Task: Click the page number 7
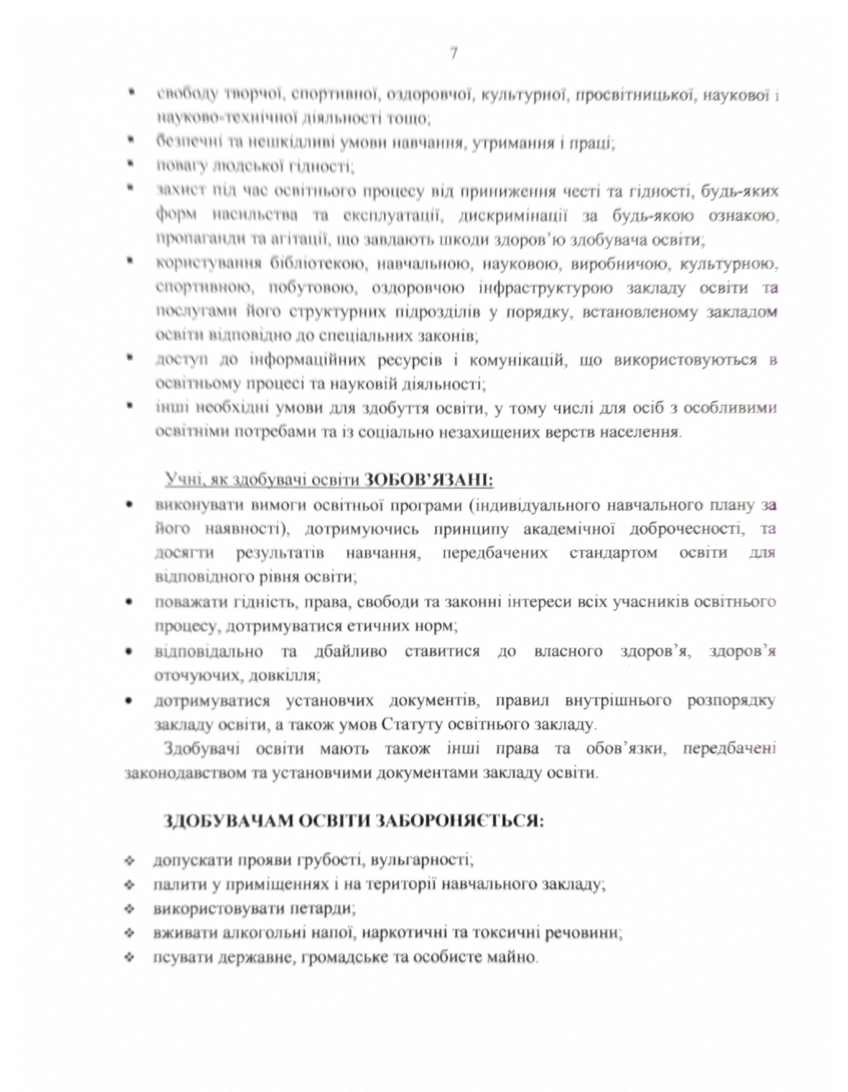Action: [x=453, y=53]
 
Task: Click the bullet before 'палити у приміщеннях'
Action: [x=130, y=885]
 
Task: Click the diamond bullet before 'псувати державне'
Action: [x=130, y=957]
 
